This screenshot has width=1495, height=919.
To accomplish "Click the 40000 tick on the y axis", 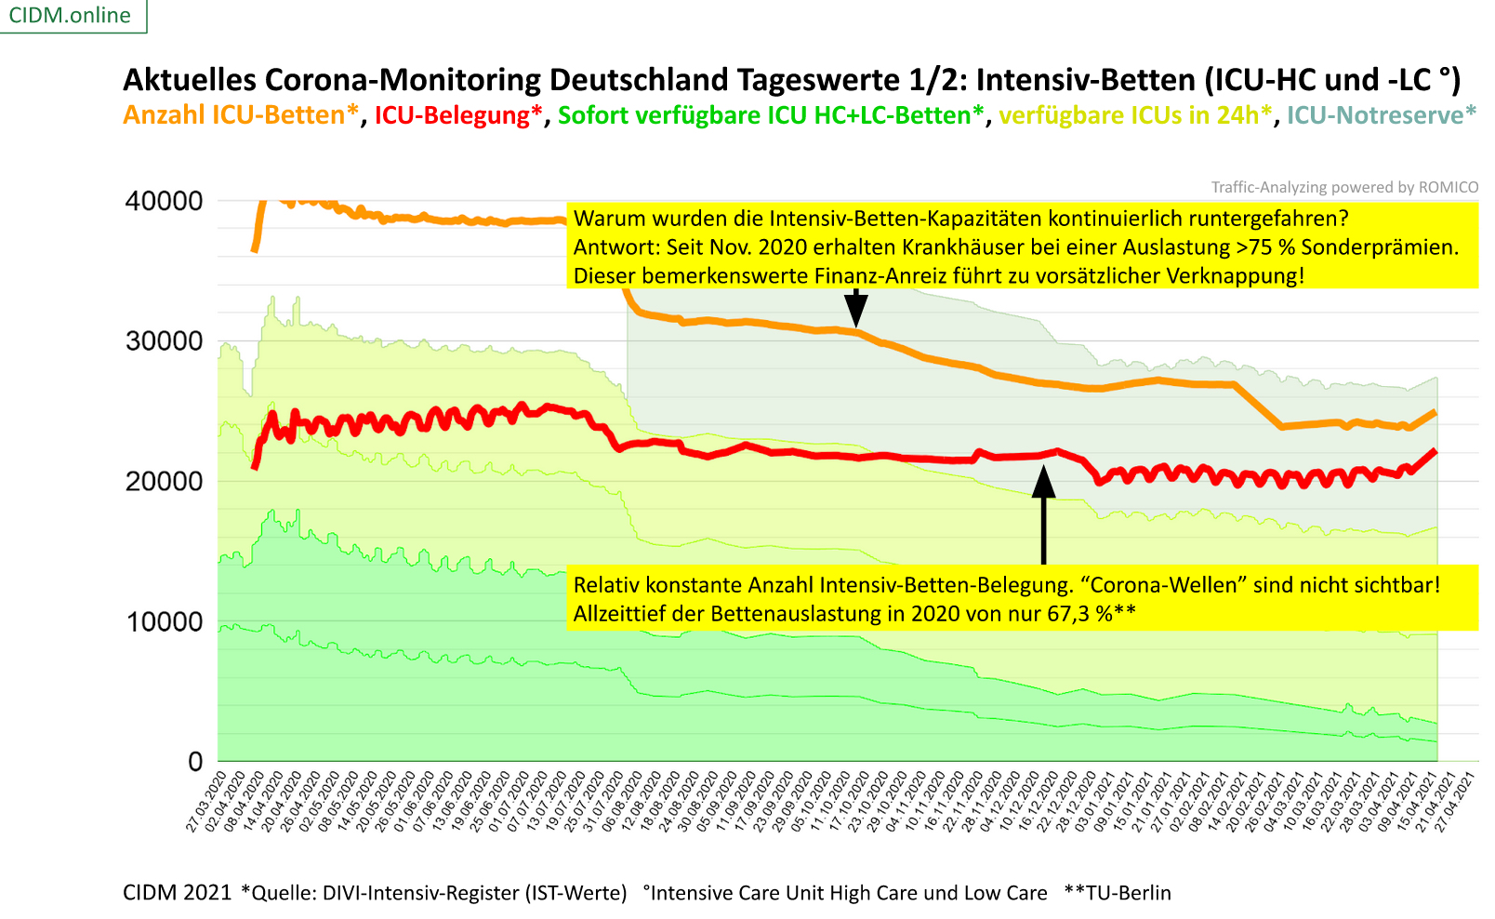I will [164, 201].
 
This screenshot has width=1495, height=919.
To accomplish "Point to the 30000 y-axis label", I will [164, 341].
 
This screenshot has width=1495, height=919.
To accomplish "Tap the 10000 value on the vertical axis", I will [164, 621].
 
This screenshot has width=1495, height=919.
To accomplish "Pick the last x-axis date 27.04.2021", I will [1457, 801].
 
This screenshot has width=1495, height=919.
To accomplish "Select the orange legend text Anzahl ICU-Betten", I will [240, 115].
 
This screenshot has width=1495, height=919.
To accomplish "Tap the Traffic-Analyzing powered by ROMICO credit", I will [1344, 187].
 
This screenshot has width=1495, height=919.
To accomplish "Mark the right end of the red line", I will [1435, 451].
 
